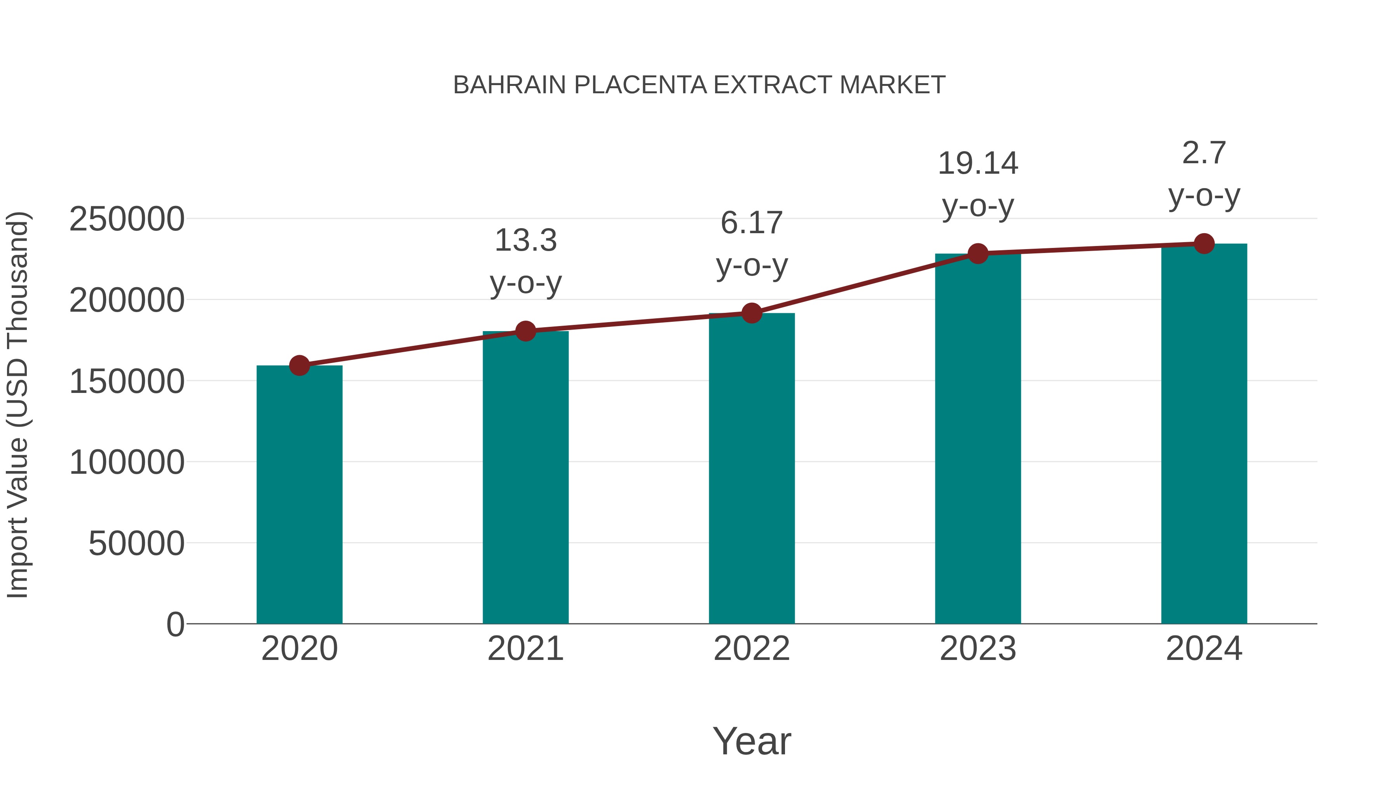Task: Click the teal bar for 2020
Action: (299, 494)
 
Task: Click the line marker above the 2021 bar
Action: (525, 331)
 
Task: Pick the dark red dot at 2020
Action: (299, 366)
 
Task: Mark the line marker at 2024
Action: (1204, 244)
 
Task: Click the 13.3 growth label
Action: (525, 241)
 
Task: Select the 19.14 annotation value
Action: (978, 164)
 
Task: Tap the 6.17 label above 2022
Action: (752, 223)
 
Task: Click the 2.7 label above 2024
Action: (1204, 153)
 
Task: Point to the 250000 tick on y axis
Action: (127, 220)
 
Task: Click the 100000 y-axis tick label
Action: (127, 463)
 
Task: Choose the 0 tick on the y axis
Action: (175, 625)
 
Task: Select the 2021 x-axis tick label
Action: (525, 649)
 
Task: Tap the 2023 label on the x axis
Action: (978, 649)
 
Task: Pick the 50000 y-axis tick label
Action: (136, 544)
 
